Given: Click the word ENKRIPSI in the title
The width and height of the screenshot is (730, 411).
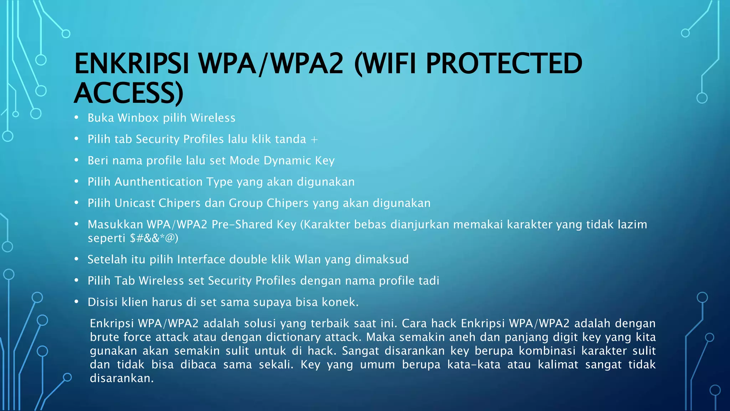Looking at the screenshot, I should point(131,64).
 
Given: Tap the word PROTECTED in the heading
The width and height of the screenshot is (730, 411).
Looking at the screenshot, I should point(504,64).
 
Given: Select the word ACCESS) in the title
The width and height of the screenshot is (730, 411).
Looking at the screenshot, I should point(129,93).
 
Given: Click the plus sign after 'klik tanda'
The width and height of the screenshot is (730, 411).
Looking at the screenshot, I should point(314,140).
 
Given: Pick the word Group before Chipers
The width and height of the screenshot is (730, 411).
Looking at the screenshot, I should point(246,203).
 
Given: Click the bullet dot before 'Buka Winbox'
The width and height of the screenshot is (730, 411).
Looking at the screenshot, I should point(76,117).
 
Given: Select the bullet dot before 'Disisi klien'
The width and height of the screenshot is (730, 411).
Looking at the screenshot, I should point(76,302).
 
